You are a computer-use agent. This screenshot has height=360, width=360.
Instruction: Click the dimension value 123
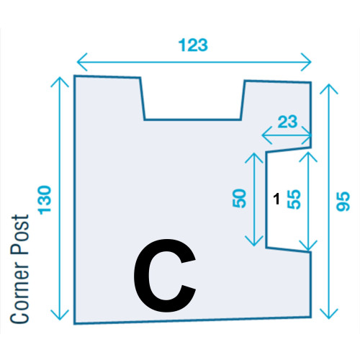coord(193,45)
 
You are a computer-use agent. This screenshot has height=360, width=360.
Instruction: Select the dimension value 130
coord(45,200)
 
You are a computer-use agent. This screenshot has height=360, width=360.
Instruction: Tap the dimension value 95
coord(343,202)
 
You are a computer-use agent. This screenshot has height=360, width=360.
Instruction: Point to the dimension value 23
coord(287,122)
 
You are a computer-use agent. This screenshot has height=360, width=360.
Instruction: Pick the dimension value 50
coord(240,198)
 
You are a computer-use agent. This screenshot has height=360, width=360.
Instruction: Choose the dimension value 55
coord(294,199)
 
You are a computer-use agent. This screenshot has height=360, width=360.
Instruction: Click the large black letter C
coord(165,276)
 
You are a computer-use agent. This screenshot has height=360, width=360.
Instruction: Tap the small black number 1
coord(276,199)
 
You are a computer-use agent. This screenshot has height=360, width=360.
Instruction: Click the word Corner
coord(19,288)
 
